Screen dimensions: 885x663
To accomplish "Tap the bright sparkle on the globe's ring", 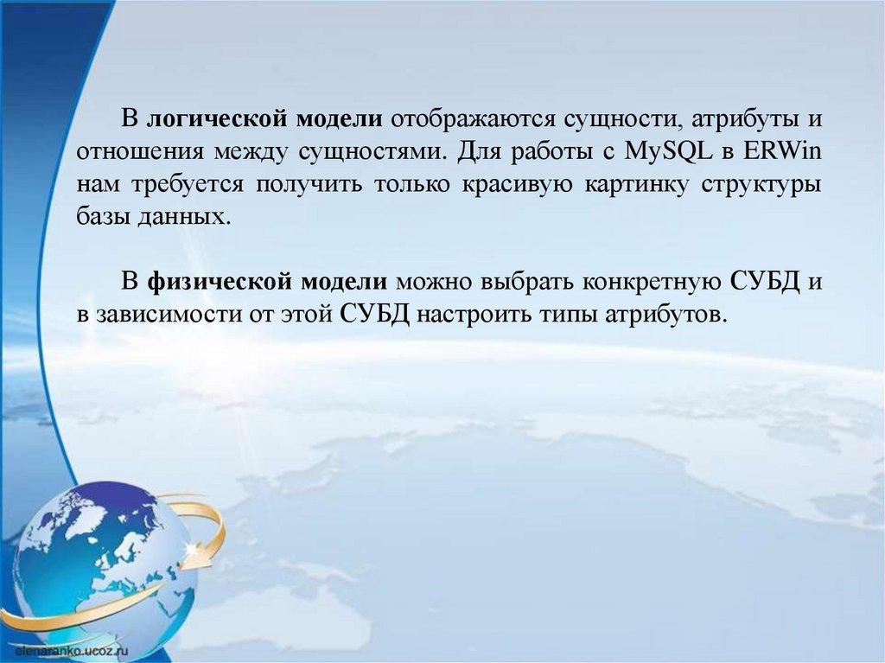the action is pyautogui.click(x=195, y=547).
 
